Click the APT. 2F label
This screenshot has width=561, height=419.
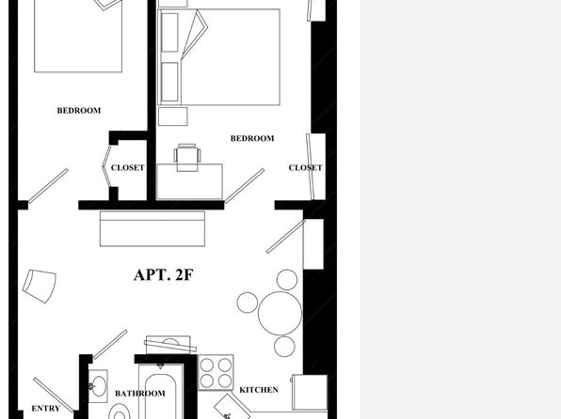pos(164,275)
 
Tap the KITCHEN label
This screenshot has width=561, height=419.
pos(259,390)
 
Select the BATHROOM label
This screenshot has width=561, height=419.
pos(140,394)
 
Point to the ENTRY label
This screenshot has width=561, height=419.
pos(46,409)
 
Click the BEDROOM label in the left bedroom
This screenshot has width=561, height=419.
pos(79,110)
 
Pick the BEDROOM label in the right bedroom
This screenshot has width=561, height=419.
pos(252,138)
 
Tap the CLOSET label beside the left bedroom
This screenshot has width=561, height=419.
pos(128,167)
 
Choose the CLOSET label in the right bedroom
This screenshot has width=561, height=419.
pos(306,167)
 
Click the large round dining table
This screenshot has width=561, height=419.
pos(280,313)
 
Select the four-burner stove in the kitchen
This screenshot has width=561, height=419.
pos(216,373)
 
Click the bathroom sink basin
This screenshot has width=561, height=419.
pos(99,386)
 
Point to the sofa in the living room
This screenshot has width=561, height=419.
pos(152,228)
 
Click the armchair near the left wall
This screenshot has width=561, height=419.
pos(40,287)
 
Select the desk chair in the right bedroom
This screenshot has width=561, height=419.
pos(187,157)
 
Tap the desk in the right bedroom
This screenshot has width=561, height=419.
pos(189,181)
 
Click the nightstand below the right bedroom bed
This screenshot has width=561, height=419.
pos(173,116)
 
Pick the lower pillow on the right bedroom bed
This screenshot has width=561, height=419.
pos(169,82)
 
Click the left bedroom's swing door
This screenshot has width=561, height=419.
pos(48,186)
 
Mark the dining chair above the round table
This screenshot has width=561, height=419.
pos(287,280)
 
